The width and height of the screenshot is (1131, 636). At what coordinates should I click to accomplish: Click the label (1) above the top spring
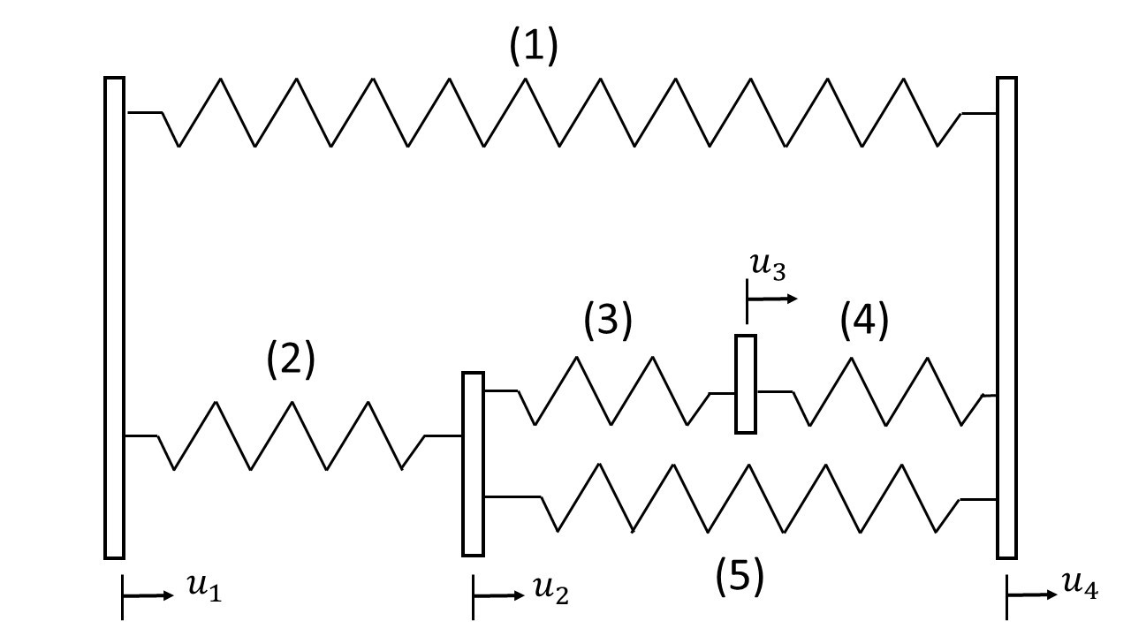point(534,49)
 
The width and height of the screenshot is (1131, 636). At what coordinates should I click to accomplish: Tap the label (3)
point(608,322)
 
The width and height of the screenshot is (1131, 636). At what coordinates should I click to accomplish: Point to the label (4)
point(863,322)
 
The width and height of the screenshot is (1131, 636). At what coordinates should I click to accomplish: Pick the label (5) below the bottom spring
point(739,577)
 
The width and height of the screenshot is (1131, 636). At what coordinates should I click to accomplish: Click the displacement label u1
point(204,590)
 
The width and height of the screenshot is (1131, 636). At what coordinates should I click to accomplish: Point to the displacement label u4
point(1081,586)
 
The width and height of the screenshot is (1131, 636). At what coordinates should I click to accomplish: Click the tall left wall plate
point(114,318)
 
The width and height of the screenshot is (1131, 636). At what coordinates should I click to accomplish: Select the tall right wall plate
point(1006,318)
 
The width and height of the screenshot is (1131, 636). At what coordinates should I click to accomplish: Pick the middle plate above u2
point(473,464)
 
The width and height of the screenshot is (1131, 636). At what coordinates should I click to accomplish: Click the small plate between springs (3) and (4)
point(746,384)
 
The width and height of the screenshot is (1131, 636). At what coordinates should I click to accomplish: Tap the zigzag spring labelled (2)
point(292,435)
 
